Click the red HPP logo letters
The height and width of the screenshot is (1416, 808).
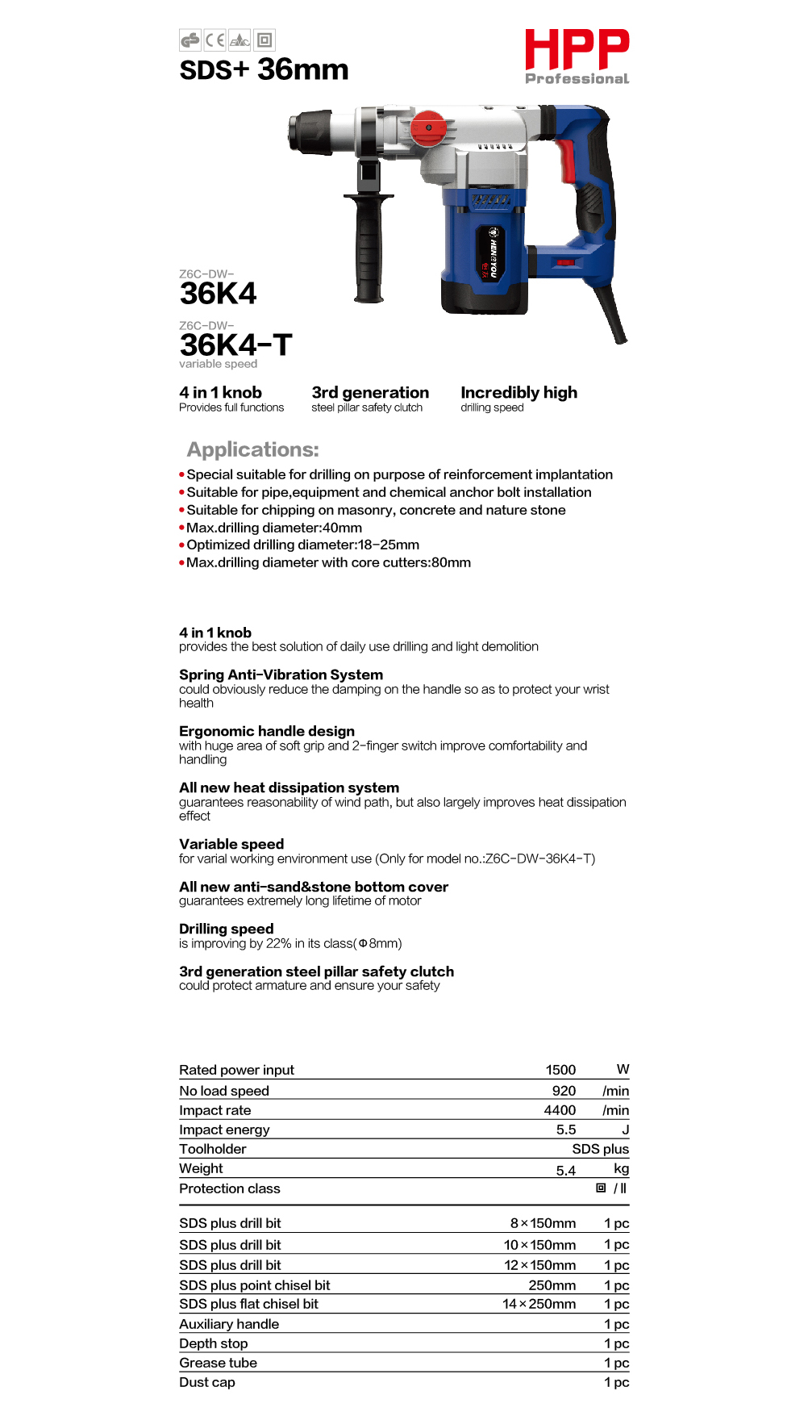pyautogui.click(x=577, y=50)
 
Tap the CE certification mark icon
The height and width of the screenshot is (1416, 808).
pyautogui.click(x=214, y=40)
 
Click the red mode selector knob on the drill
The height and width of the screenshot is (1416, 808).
pyautogui.click(x=428, y=127)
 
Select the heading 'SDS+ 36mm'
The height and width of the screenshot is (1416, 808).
pyautogui.click(x=264, y=70)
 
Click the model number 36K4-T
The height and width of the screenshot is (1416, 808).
pyautogui.click(x=235, y=345)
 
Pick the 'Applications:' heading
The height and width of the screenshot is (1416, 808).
pyautogui.click(x=252, y=449)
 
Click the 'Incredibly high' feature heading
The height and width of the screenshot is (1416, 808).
pyautogui.click(x=519, y=393)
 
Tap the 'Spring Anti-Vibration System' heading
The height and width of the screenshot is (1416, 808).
pyautogui.click(x=281, y=675)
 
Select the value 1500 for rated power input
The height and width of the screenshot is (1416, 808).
pyautogui.click(x=560, y=1070)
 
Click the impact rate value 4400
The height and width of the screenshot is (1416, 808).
pyautogui.click(x=560, y=1110)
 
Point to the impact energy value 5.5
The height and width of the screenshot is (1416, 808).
pyautogui.click(x=566, y=1130)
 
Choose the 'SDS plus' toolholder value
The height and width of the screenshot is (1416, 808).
pyautogui.click(x=600, y=1149)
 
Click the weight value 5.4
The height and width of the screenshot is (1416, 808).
pyautogui.click(x=566, y=1170)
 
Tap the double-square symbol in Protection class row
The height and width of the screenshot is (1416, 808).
pyautogui.click(x=601, y=1188)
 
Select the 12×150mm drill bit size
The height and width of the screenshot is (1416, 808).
pyautogui.click(x=539, y=1265)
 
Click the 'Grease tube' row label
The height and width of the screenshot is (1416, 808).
pyautogui.click(x=218, y=1363)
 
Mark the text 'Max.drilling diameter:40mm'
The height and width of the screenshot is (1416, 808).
pyautogui.click(x=274, y=528)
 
